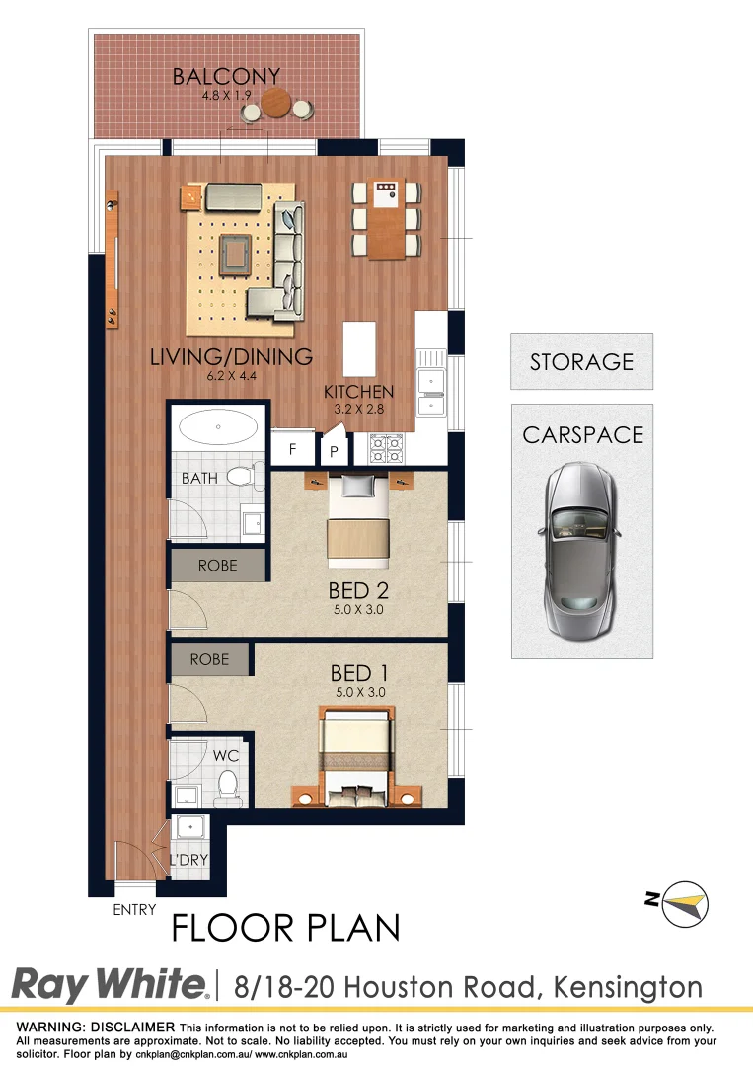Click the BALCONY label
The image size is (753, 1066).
[226, 76]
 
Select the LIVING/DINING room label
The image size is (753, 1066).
[231, 356]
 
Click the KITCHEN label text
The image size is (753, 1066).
[359, 392]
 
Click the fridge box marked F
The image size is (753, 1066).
[291, 449]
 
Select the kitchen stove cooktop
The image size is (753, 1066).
[385, 449]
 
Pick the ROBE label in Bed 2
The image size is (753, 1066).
[218, 567]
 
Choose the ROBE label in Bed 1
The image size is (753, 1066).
[209, 659]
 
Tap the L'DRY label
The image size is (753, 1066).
[188, 859]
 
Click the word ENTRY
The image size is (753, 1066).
[134, 910]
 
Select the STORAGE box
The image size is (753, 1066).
[581, 361]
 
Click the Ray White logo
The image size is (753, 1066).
[110, 984]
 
